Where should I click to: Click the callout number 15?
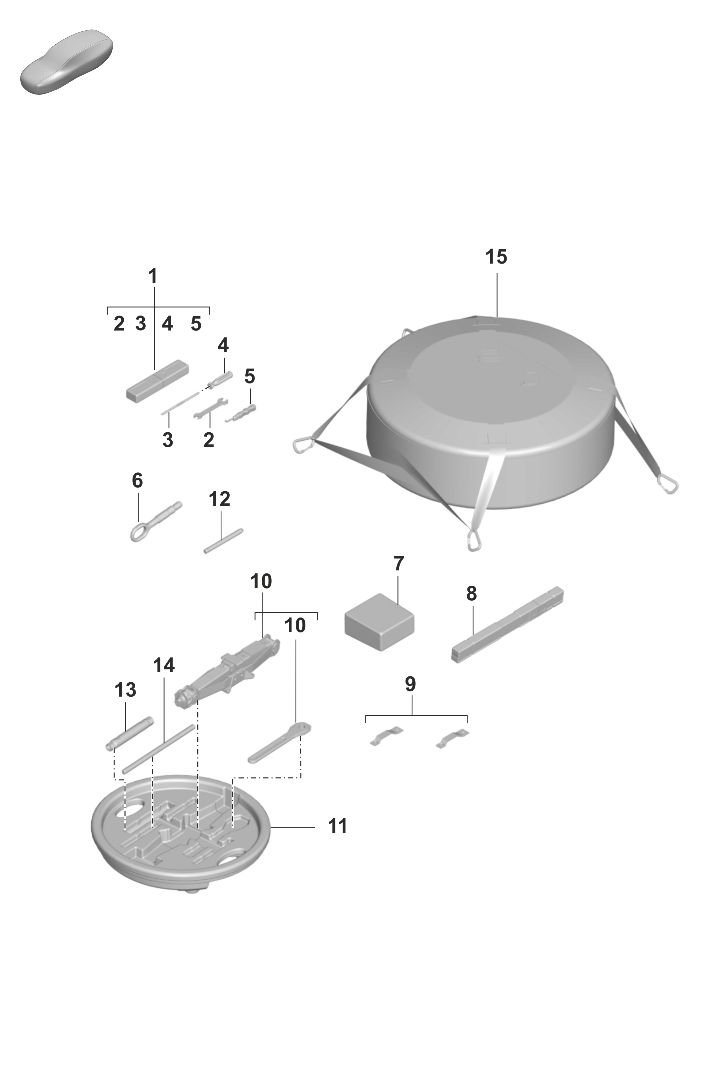[x=496, y=257]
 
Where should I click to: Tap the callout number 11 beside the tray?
[x=337, y=826]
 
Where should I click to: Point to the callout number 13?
[x=126, y=690]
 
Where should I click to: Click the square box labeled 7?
[x=379, y=622]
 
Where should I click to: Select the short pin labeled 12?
[x=223, y=541]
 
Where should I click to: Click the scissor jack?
[x=227, y=663]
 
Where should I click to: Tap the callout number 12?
[x=219, y=499]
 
